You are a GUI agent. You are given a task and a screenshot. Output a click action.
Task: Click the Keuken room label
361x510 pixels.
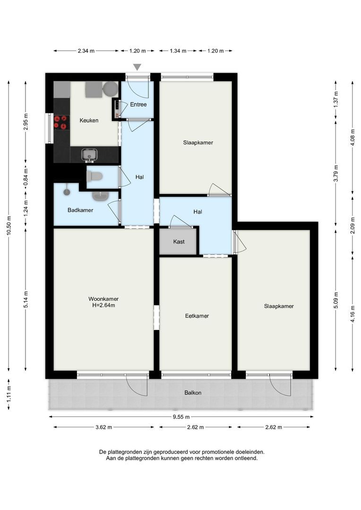coord(89,120)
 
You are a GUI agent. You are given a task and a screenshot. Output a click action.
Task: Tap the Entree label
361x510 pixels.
coord(138,104)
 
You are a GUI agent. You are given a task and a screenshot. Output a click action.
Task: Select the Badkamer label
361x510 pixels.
coord(80,210)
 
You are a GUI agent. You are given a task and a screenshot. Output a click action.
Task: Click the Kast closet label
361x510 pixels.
coord(179,242)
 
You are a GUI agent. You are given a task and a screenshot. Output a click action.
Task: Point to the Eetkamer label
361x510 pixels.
coord(197,316)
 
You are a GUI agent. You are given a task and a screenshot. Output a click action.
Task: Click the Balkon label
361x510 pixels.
coord(193,392)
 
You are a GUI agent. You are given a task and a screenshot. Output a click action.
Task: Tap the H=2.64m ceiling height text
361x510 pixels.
coord(103,306)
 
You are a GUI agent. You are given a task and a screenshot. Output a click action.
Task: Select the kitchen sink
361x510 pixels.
coord(89,154)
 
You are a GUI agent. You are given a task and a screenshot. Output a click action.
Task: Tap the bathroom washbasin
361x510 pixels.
coord(101,196)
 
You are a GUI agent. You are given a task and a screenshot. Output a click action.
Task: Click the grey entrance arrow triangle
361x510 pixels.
coord(138,67)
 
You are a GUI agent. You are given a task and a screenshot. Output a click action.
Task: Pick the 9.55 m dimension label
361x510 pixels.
coord(181,417)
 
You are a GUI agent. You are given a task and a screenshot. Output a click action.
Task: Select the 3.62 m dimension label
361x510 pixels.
coord(103,427)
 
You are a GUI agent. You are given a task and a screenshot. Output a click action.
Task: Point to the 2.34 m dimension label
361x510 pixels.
coord(86,51)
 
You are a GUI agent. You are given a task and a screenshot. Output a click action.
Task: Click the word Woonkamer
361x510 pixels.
coord(103,299)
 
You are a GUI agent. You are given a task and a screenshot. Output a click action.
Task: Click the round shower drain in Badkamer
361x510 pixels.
coord(67,192)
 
